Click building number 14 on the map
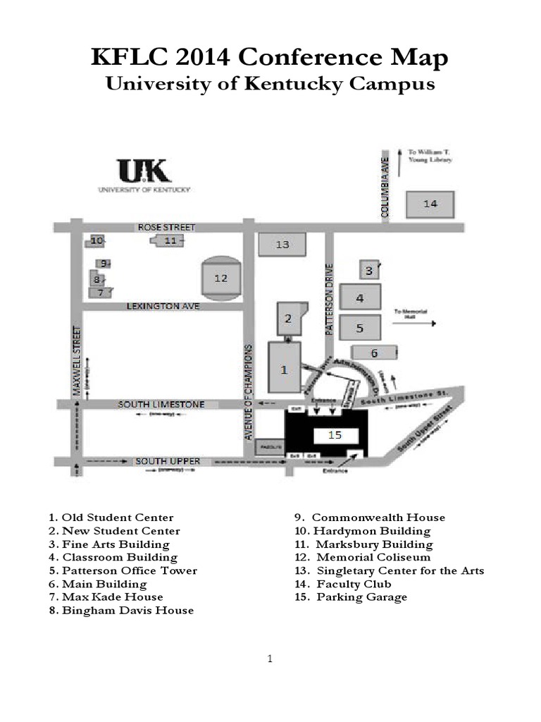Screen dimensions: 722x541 430,204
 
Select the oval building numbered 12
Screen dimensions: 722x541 221,278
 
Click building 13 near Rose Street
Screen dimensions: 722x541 282,245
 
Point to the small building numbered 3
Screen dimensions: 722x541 368,269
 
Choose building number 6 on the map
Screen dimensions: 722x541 374,353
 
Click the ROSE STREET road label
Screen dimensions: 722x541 166,227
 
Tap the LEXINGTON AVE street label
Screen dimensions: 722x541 163,306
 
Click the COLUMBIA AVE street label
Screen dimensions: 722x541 385,187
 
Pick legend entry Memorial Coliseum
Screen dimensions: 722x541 363,557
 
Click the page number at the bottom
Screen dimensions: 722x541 270,659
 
